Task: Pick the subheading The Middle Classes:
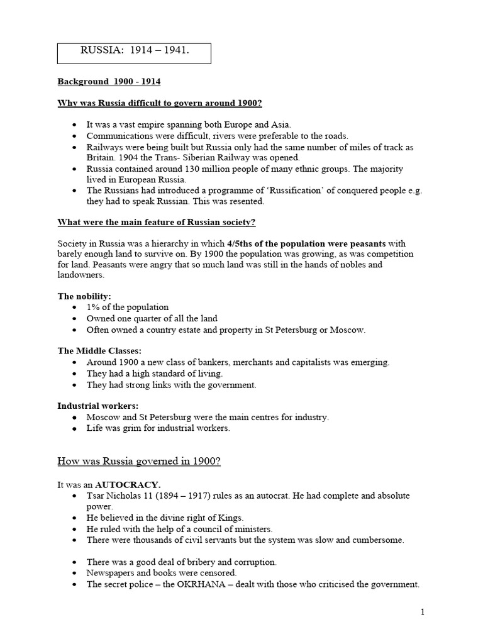click(x=99, y=350)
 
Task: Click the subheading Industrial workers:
click(x=98, y=406)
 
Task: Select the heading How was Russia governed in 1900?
click(x=139, y=462)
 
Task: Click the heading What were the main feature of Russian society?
click(x=157, y=222)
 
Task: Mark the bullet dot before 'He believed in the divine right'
click(x=75, y=518)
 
